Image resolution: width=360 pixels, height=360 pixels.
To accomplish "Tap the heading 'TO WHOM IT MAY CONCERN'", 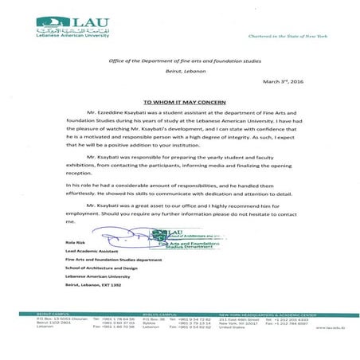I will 179,103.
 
